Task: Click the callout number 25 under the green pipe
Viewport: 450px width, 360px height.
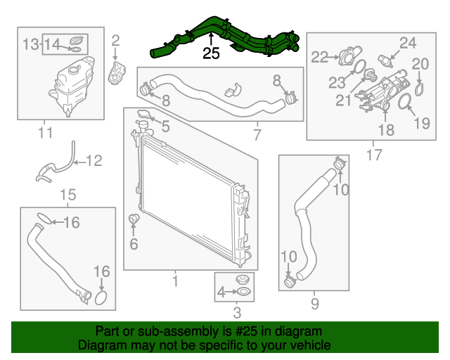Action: point(211,53)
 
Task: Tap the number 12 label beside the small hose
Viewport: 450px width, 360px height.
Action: point(94,160)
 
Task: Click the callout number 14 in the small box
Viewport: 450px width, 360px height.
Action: point(54,45)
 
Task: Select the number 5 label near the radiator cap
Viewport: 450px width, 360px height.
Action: point(165,127)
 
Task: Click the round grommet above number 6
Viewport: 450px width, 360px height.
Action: point(133,223)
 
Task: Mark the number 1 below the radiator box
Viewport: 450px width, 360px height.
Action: point(175,282)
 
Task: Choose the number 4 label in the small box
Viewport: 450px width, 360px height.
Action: point(221,292)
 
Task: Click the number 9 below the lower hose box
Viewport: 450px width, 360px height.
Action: point(314,304)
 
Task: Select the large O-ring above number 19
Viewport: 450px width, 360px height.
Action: point(406,105)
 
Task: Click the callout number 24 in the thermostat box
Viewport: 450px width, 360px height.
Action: point(409,43)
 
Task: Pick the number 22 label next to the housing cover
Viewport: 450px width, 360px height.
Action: point(320,57)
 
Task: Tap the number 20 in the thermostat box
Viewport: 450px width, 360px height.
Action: point(420,64)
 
